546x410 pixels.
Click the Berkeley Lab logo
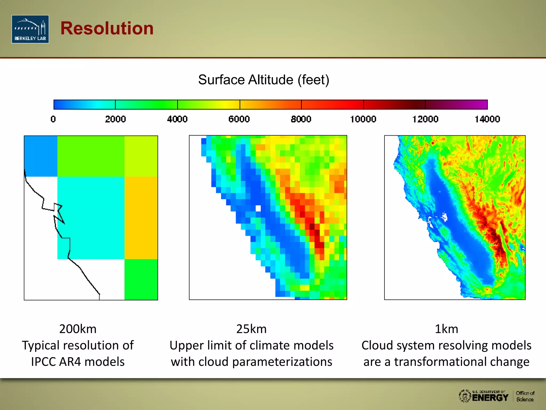tap(30, 29)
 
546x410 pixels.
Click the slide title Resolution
tap(107, 28)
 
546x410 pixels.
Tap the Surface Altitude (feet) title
tap(263, 80)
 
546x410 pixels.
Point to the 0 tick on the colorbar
tap(53, 119)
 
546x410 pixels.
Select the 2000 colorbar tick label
tap(115, 119)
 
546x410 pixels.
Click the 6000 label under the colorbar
tap(239, 119)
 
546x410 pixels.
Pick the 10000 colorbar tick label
tap(363, 119)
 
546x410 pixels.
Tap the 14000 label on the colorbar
tap(487, 119)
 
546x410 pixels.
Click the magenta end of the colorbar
tap(480, 105)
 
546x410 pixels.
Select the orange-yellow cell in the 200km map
tap(141, 218)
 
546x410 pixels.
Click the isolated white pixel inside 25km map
tap(258, 208)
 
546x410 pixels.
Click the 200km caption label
tap(78, 329)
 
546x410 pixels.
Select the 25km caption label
tap(251, 329)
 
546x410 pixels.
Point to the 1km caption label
tap(446, 329)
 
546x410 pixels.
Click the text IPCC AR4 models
tap(78, 362)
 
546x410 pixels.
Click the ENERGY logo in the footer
tap(490, 397)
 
